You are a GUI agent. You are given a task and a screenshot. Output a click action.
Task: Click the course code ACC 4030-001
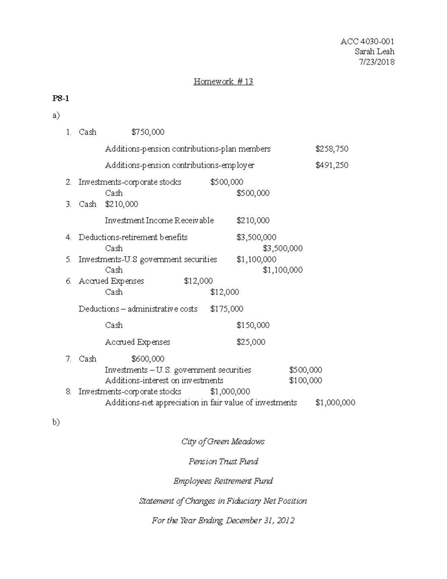point(367,41)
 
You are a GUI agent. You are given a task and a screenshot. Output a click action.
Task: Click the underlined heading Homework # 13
point(223,82)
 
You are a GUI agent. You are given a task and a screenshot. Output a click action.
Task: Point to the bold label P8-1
point(61,99)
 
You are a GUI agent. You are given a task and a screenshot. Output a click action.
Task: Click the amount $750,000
point(148,132)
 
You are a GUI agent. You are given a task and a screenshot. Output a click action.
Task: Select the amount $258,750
point(332,149)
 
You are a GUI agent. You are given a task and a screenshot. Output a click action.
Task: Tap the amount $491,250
point(332,165)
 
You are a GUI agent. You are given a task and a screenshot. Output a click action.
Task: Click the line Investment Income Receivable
point(159,220)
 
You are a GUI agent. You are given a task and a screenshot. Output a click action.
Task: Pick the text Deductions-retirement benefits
point(133,237)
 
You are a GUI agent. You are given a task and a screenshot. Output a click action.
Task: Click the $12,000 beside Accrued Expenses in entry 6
point(198,281)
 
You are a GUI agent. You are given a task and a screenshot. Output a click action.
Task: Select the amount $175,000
point(226,309)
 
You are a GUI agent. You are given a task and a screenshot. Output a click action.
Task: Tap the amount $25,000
point(251,342)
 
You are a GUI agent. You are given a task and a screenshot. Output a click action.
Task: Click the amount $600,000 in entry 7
point(148,359)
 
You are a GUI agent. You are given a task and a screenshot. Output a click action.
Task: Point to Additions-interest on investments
point(164,380)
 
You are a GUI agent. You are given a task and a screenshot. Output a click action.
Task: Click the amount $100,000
point(305,380)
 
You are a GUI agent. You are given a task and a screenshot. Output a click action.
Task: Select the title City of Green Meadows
point(223,441)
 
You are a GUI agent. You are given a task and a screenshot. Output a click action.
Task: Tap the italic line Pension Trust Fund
point(223,461)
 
